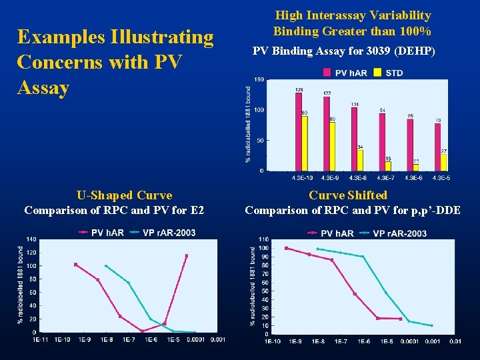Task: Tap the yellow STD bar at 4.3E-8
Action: point(360,160)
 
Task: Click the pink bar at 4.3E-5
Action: point(437,147)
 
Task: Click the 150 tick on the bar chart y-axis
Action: point(259,79)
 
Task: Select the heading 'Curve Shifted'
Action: point(348,195)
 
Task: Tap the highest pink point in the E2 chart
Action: point(187,255)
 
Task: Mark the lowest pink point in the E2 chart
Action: point(142,331)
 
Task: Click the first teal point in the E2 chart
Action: point(105,265)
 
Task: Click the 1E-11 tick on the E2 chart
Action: point(41,340)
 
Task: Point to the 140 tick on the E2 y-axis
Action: point(31,239)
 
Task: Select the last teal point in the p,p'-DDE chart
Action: point(431,325)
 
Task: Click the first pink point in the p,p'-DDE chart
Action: point(286,248)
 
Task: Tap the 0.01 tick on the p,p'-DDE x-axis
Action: point(455,341)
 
